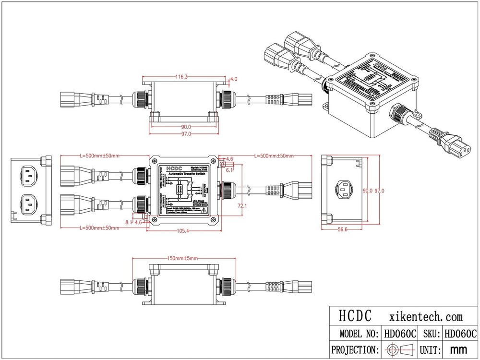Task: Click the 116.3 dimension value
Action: click(x=181, y=76)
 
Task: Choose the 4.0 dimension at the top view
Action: click(x=234, y=78)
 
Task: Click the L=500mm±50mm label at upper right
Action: click(x=275, y=156)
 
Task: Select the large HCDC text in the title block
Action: click(x=355, y=317)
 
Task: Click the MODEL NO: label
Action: click(x=356, y=334)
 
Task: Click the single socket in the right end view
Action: click(x=345, y=190)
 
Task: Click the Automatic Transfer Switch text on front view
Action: click(x=185, y=175)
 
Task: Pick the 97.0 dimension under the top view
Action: click(x=186, y=134)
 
